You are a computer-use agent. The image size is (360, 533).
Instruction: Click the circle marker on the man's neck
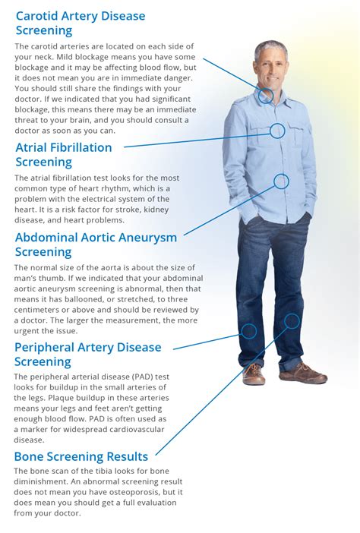pos(265,96)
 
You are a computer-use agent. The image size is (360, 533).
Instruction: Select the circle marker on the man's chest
pos(277,131)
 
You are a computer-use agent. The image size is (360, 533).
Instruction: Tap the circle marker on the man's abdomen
pos(281,181)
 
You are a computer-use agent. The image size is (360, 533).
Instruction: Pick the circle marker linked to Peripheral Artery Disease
pos(249,330)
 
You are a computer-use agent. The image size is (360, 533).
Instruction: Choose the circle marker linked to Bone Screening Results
pos(292,321)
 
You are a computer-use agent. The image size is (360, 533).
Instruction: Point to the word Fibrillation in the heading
pos(77,147)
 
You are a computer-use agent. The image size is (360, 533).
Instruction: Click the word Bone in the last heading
pos(30,456)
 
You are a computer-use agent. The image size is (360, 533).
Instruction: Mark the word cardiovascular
pos(158,429)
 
